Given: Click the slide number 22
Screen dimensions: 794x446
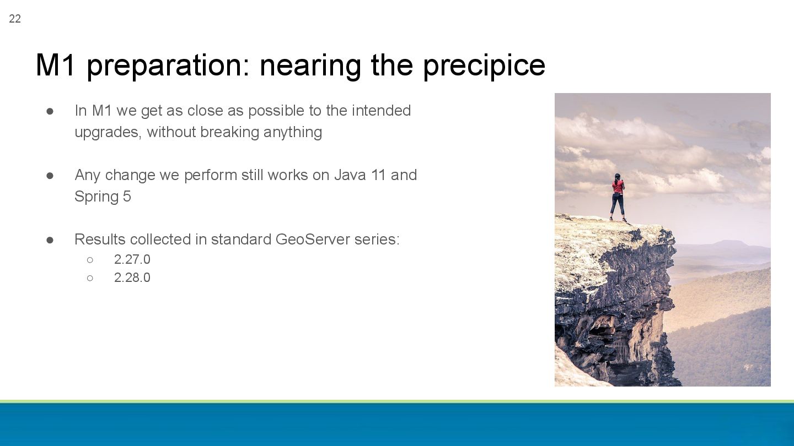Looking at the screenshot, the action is (x=15, y=19).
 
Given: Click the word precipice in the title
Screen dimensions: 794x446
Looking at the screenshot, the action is (x=484, y=66).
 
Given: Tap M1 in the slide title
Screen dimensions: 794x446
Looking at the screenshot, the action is (x=55, y=65).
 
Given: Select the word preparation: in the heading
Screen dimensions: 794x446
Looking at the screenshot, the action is (x=168, y=66).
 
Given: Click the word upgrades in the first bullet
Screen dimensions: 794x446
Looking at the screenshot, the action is (x=108, y=133).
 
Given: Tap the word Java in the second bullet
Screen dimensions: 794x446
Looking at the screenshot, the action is (x=350, y=175).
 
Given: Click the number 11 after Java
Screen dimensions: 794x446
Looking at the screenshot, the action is (x=378, y=175).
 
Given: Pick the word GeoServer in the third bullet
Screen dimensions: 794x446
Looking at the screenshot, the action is (x=313, y=240).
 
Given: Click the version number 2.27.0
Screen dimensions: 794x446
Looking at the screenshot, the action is (x=132, y=259).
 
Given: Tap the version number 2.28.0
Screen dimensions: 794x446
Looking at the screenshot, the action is (x=132, y=278).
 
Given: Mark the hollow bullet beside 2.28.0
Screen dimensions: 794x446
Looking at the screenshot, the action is (x=90, y=278).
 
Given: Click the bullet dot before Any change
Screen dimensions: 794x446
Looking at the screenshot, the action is (x=50, y=176).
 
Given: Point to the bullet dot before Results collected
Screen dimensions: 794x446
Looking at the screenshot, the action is (x=50, y=240).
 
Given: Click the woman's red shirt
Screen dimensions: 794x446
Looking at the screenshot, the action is (x=618, y=186).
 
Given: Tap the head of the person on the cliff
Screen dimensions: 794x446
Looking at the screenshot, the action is (x=617, y=176).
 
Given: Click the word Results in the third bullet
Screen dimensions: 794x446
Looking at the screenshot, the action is (x=100, y=240).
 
